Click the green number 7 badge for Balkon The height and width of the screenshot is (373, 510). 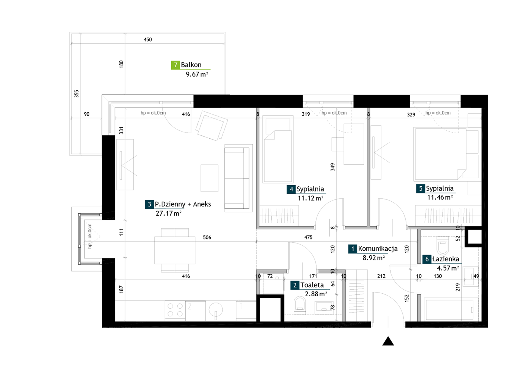175,65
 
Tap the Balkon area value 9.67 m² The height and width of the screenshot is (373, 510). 197,74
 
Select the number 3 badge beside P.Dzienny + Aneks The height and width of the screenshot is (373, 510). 149,204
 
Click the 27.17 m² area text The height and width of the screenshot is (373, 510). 169,213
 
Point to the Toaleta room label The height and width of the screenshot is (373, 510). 312,285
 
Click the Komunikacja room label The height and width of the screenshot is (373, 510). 378,249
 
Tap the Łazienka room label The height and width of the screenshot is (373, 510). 446,259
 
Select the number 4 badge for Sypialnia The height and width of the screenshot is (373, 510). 291,189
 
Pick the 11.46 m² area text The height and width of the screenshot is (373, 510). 440,198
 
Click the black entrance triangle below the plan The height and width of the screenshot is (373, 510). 388,341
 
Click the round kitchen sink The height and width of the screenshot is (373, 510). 216,310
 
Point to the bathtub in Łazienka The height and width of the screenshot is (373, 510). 449,309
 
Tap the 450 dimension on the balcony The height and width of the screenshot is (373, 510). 148,40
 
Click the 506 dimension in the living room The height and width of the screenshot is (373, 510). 207,237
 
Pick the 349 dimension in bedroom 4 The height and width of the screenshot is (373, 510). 333,167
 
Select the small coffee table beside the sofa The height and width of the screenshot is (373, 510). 209,178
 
